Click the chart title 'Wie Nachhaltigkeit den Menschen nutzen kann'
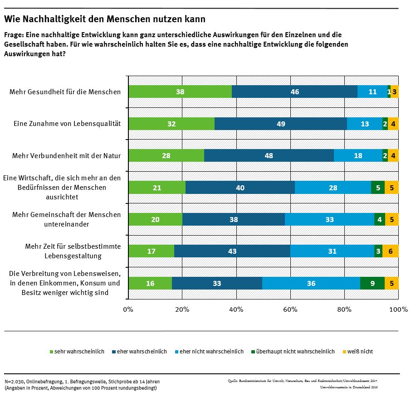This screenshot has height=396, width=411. coord(105,19)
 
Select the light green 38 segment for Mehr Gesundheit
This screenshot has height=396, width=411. coord(180,92)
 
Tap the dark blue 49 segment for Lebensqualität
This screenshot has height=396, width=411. coord(281,124)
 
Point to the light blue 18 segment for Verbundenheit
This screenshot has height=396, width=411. coord(358,155)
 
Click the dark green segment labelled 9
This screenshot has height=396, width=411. coord(372,283)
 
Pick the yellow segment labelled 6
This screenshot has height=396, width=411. coord(390,251)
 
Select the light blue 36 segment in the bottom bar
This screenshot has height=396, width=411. coord(311,283)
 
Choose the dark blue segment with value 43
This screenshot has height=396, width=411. coord(232,251)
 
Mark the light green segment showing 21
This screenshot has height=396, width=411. coord(157,188)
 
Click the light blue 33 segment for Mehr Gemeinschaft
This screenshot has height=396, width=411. coord(329,219)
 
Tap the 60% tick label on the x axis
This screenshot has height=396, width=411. coord(290,309)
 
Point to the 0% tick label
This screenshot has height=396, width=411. coord(128,309)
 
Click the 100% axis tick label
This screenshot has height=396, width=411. coord(399,309)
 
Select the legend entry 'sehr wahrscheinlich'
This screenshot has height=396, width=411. coord(79,352)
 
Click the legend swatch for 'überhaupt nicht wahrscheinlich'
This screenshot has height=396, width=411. coord(253,352)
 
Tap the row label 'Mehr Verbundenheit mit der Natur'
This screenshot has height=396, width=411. coord(67,156)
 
